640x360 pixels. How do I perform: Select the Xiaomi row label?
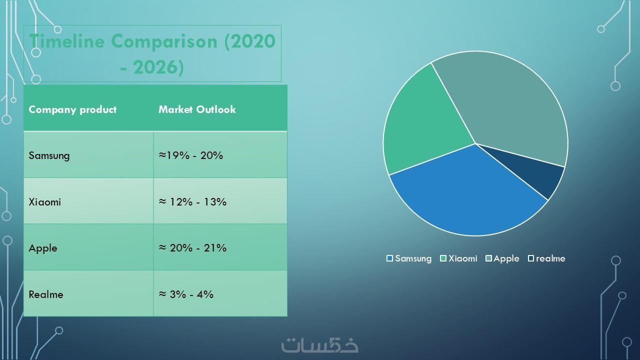click(45, 202)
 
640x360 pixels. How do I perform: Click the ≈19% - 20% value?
click(191, 155)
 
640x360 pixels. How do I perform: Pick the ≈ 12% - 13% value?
click(192, 202)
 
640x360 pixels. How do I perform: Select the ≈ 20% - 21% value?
click(192, 248)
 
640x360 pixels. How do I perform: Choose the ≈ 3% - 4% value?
click(186, 294)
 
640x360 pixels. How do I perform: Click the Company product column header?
click(72, 109)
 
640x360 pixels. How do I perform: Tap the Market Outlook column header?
click(197, 109)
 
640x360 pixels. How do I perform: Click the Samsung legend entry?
click(409, 258)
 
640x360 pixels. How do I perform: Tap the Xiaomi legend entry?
click(458, 258)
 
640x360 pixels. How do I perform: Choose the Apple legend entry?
click(502, 259)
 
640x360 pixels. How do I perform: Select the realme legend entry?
click(546, 258)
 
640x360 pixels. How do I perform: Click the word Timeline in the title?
click(67, 41)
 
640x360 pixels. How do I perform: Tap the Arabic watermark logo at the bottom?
click(320, 345)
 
